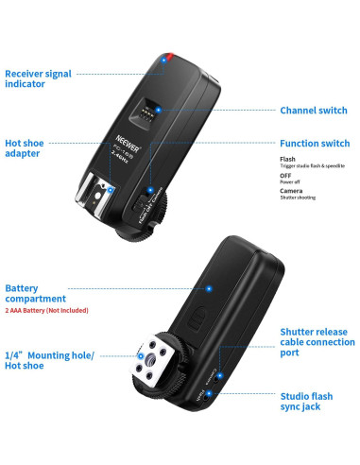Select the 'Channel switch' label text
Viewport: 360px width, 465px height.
[314, 111]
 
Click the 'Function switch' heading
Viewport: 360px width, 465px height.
[315, 144]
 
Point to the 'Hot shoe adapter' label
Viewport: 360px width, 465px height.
[27, 149]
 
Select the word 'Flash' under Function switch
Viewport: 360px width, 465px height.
[287, 159]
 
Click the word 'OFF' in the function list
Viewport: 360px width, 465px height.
[286, 177]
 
